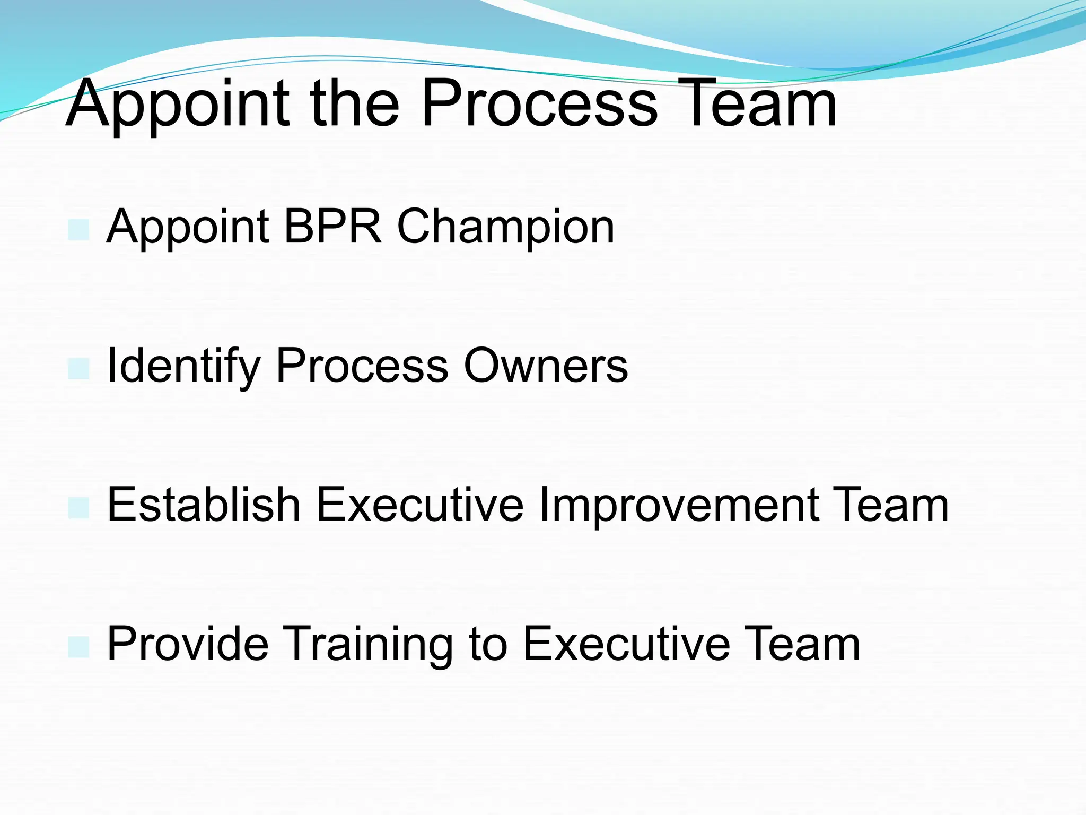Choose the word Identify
pos(183,366)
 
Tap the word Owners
pos(546,366)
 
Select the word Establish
pos(204,505)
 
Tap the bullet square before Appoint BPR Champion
pos(78,230)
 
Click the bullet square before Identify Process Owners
pos(78,369)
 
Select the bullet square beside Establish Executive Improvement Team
pos(78,508)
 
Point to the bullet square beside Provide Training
pos(78,647)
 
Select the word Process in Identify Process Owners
pos(362,366)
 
